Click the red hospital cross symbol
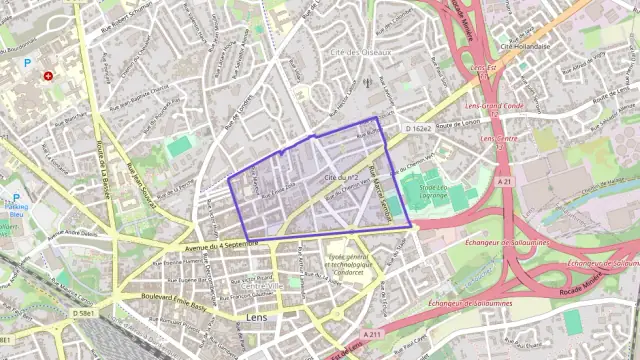pos(47,76)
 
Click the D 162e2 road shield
pos(418,129)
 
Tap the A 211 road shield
pos(373,334)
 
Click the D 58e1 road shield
pos(85,314)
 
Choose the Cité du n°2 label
pos(342,177)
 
